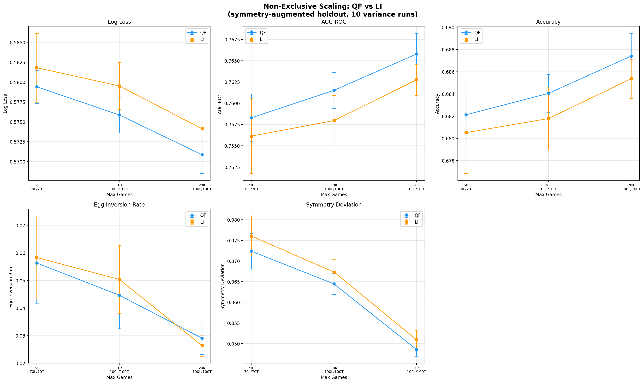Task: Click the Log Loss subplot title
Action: click(x=119, y=22)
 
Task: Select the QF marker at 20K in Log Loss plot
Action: click(x=202, y=155)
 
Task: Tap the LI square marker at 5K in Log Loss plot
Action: click(x=37, y=68)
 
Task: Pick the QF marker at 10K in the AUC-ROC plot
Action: click(x=334, y=90)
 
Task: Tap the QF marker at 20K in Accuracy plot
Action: click(x=631, y=56)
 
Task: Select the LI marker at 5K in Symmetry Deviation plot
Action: click(x=251, y=236)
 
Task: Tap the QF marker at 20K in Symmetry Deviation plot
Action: click(x=417, y=350)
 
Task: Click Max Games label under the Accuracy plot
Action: click(x=548, y=195)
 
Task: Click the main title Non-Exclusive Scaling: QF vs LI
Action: click(x=322, y=6)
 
